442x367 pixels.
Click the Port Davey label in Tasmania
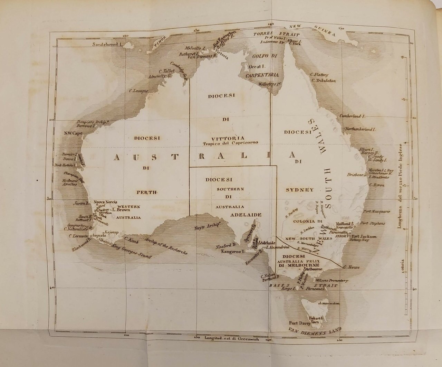tap(299, 324)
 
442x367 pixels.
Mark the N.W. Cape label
tap(73, 133)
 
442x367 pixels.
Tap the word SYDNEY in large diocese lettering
tap(300, 190)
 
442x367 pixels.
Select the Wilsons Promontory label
tap(331, 280)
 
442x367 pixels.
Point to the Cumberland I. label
tap(353, 116)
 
